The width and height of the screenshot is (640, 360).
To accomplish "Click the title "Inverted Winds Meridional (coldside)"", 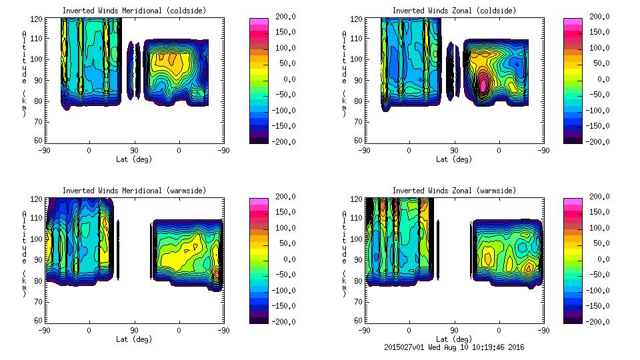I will (134, 11).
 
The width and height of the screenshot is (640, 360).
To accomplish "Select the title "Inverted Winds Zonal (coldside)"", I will (454, 11).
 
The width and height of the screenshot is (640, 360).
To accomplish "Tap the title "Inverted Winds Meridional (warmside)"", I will (134, 191).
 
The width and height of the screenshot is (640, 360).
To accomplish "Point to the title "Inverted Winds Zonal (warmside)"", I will (454, 191).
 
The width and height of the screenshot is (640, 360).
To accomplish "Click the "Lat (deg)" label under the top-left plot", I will (134, 159).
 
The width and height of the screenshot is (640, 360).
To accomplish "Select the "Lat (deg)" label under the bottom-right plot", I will (454, 339).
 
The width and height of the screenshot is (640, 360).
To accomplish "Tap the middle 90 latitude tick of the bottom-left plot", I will (134, 330).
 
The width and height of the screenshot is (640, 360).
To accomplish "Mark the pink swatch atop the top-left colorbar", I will (258, 23).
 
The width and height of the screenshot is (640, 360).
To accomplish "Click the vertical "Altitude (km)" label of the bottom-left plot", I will (24, 255).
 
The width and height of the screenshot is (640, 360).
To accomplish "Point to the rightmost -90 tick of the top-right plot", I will (543, 150).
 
